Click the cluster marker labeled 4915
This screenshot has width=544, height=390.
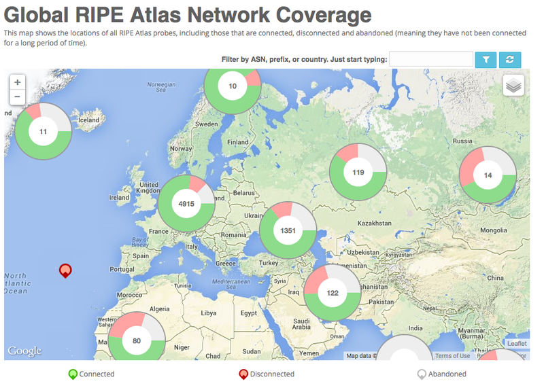coord(186,204)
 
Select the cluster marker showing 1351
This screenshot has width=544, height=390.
coord(288,230)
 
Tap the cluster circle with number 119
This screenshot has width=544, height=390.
coord(358,173)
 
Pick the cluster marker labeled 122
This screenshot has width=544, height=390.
coord(332,293)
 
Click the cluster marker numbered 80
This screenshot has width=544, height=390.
coord(137,340)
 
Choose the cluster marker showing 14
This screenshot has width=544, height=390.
coord(488,175)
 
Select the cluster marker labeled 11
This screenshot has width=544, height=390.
coord(44,131)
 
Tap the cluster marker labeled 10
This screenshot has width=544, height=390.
coord(233,86)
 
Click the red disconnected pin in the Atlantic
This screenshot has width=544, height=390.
coord(65,271)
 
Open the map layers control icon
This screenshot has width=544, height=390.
coord(513,86)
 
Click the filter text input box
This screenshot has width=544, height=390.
coord(431,60)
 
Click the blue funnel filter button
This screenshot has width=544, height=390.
coord(486,60)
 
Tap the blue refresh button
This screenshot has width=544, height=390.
coord(509,60)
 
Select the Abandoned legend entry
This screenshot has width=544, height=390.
coord(442,374)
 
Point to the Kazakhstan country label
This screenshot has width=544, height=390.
coord(375,223)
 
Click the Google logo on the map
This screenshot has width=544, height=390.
coord(24,351)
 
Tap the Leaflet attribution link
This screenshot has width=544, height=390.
coord(516,344)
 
